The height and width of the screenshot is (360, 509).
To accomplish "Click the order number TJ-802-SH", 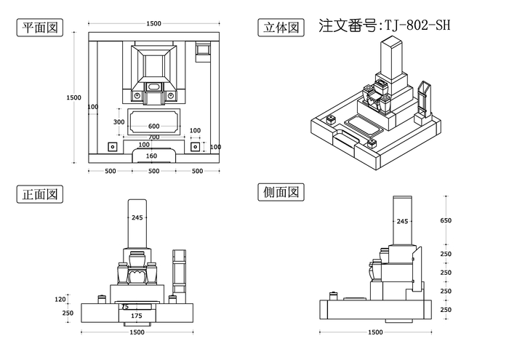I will coord(385,25).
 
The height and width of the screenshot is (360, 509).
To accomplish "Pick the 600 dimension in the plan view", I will coord(153,127).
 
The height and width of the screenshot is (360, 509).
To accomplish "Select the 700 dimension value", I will coord(153,137).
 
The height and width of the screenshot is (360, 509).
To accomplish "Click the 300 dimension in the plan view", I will coord(119,122).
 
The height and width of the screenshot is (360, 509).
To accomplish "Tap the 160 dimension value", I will coord(152,156).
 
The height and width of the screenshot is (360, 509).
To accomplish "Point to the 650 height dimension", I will coord(446,220).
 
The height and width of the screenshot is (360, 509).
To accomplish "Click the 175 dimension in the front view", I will coord(136,316).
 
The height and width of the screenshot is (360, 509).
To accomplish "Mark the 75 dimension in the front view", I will coord(124,307).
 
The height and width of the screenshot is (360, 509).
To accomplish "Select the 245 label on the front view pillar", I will coord(137,217).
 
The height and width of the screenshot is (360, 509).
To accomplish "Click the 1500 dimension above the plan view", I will coord(153,23).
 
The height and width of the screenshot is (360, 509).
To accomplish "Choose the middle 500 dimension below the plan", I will coord(153,171).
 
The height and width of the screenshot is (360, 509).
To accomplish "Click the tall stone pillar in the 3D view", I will coord(390,62).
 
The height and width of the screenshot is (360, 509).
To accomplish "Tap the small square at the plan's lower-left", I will coord(112,146).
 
